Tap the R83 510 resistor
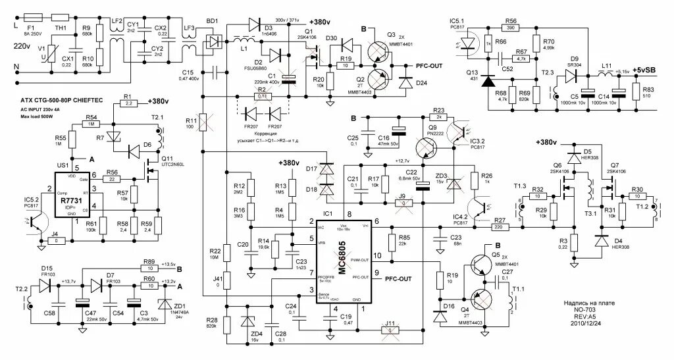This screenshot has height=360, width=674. [x=636, y=92]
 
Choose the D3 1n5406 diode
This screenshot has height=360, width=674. [x=254, y=25]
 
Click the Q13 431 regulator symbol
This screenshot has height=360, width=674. [x=487, y=81]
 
